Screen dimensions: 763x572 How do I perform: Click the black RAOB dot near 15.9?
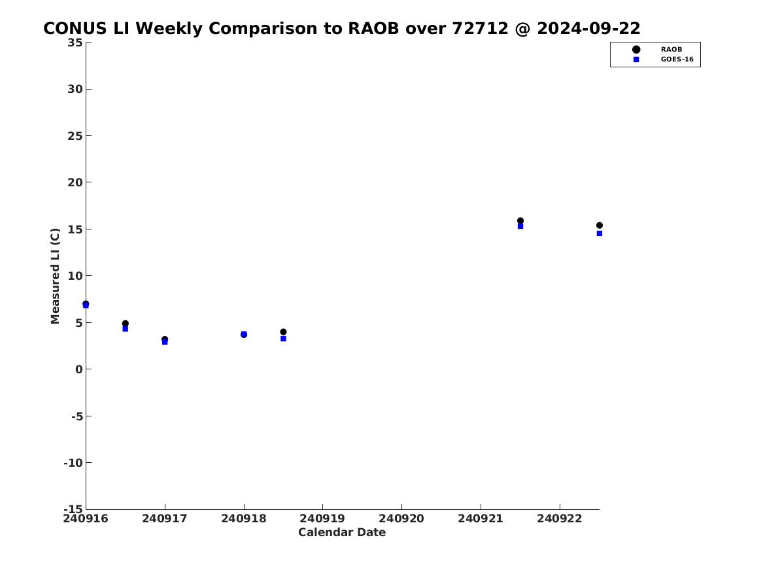[x=520, y=221]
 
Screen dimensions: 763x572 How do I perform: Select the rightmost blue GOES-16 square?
[x=600, y=233]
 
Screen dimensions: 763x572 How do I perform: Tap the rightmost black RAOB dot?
[x=600, y=225]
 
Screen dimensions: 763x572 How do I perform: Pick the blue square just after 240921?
[x=520, y=226]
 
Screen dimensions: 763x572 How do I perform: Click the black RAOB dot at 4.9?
[x=125, y=324]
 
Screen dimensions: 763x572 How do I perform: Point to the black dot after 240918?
[x=283, y=331]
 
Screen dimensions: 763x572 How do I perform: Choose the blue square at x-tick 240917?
[x=165, y=342]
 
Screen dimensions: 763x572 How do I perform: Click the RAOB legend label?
[x=671, y=50]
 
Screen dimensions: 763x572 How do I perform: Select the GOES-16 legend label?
[x=677, y=59]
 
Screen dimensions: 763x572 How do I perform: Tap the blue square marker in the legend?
[x=636, y=59]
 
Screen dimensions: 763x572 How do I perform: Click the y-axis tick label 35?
[x=75, y=42]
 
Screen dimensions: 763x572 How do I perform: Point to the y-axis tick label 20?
[x=75, y=182]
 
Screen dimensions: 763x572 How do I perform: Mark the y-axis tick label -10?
[x=73, y=463]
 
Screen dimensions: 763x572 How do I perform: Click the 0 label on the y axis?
[x=79, y=369]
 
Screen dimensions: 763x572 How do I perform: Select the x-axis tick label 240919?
[x=322, y=518]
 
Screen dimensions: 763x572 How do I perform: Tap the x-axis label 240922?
[x=560, y=518]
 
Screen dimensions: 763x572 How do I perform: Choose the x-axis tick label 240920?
[x=401, y=518]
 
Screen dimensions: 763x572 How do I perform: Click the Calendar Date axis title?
[x=342, y=532]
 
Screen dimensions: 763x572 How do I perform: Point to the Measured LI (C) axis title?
[x=55, y=276]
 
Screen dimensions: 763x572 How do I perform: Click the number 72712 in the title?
[x=481, y=29]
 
